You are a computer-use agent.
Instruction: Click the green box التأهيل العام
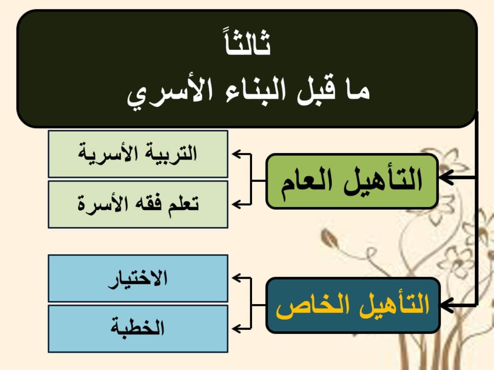[352, 181]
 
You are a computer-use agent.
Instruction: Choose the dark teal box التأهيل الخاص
[353, 305]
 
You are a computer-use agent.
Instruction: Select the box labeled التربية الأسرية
[138, 154]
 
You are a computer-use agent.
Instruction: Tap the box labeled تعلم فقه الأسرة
[138, 204]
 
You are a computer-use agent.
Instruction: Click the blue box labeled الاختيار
[138, 278]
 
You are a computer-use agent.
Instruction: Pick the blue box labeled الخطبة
[138, 329]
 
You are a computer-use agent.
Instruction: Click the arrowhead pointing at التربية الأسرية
[236, 154]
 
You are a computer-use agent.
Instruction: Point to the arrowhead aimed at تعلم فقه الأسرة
[236, 204]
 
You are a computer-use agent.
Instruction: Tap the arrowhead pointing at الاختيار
[236, 278]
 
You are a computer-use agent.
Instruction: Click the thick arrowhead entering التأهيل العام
[446, 177]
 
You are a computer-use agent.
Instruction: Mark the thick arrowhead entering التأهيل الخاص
[447, 306]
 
